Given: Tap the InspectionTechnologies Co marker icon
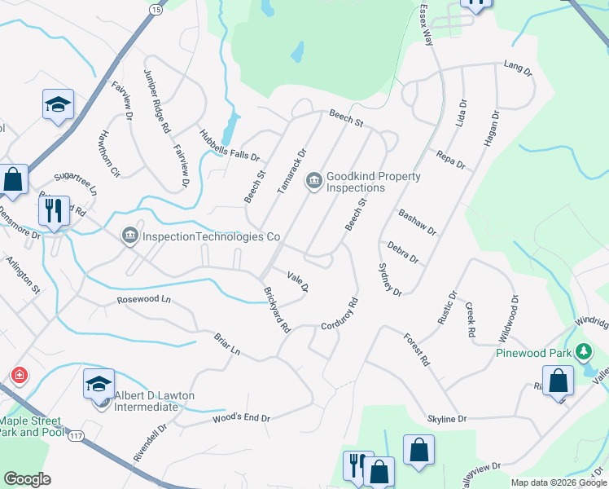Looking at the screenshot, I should coord(129,236).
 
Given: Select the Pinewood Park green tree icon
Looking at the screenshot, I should coord(583,353).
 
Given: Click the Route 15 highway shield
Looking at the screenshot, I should coord(156,8).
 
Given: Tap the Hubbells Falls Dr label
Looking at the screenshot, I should coord(229,144).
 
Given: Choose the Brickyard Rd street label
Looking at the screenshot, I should coord(277,310).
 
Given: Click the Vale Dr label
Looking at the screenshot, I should coord(298,281).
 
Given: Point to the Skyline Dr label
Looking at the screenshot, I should coord(447,418).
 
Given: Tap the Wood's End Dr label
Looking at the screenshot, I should coord(241,418).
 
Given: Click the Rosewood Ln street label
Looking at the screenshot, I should coord(144,299).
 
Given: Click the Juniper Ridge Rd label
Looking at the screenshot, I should coord(157,101).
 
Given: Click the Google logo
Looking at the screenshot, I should coord(27,478).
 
